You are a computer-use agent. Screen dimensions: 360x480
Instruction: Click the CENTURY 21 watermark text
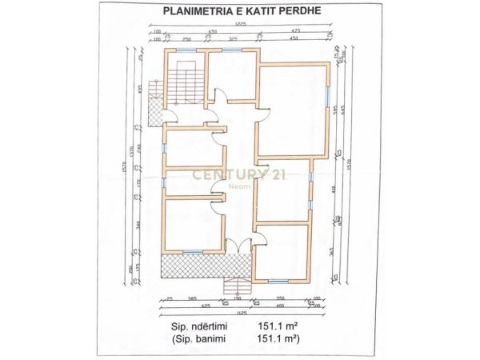[239, 176]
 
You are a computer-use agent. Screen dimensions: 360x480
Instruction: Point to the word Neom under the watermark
[239, 188]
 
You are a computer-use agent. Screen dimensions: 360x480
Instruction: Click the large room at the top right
[293, 110]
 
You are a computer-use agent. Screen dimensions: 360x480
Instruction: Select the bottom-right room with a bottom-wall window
[282, 251]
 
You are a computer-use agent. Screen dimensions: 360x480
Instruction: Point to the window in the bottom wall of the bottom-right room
[278, 280]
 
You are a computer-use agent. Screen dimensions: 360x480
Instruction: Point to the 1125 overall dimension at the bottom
[238, 313]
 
